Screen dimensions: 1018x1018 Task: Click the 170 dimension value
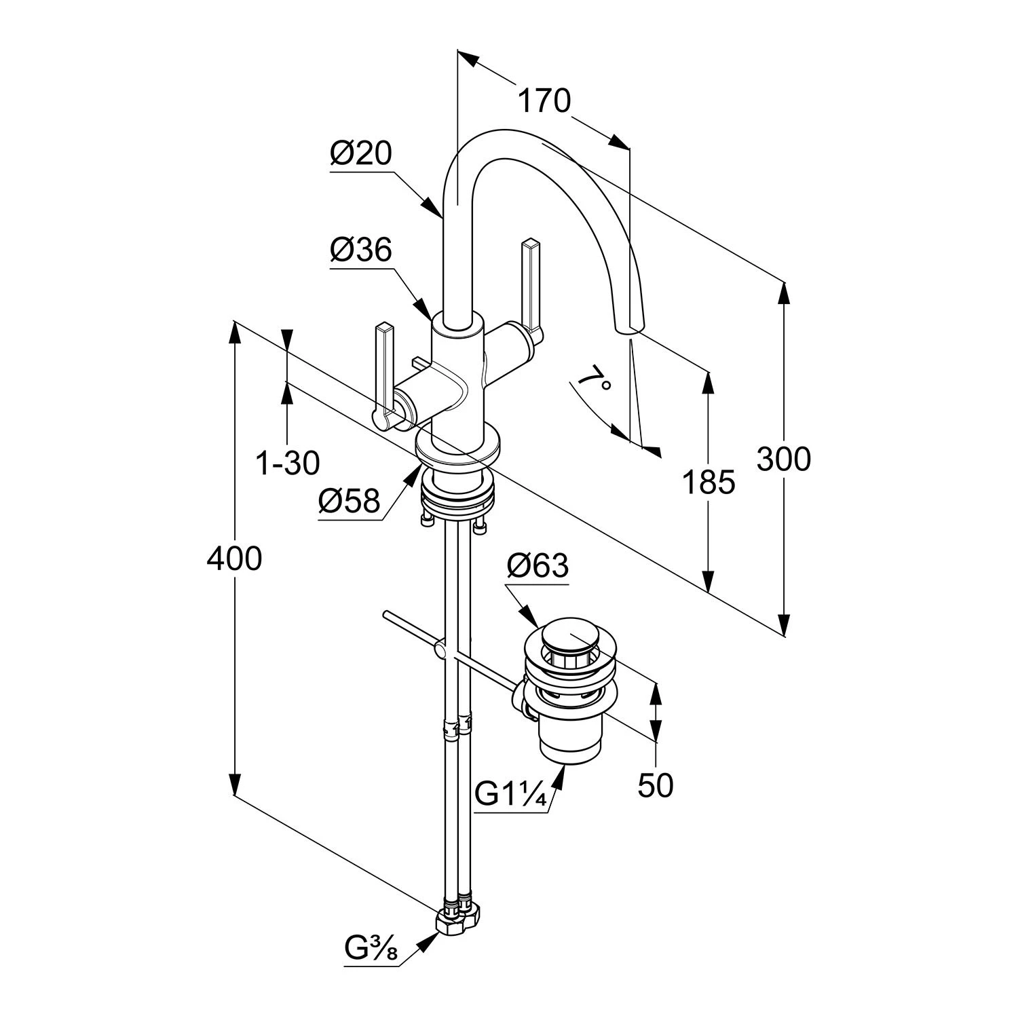tap(544, 101)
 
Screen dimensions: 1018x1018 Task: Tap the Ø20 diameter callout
tap(361, 153)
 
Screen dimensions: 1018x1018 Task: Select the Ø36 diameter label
tap(361, 250)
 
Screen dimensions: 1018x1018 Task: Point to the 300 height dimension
tap(783, 459)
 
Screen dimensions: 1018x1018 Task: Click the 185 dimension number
tap(709, 483)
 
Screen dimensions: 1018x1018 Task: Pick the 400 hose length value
tap(234, 559)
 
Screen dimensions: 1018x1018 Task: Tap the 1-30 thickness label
tap(287, 464)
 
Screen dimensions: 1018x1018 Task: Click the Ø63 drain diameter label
tap(538, 565)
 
